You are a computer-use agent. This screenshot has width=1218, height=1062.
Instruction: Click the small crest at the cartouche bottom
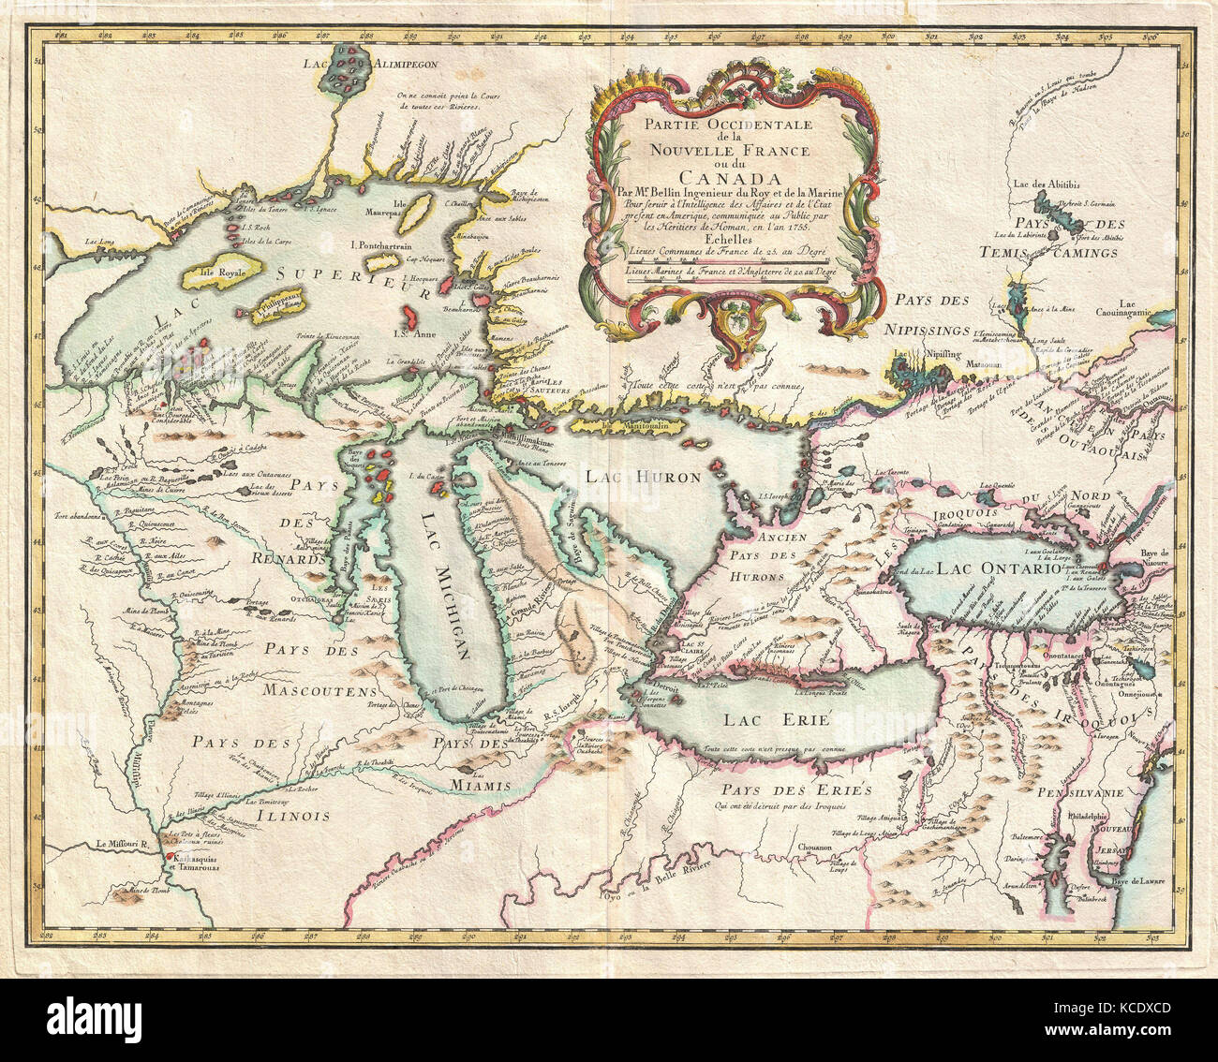pos(734,325)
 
